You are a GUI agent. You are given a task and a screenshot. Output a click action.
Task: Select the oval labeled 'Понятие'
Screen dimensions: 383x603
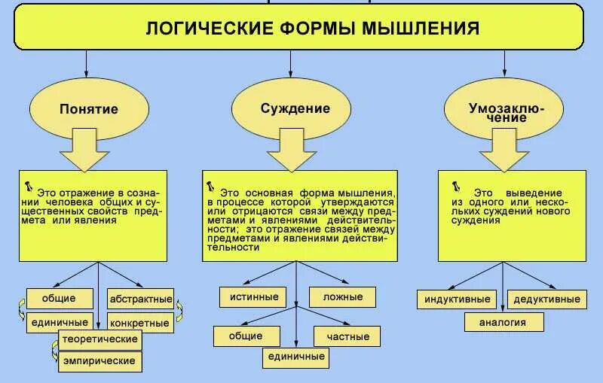pyautogui.click(x=89, y=108)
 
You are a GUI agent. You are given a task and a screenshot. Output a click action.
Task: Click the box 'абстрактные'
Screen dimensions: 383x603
pyautogui.click(x=140, y=299)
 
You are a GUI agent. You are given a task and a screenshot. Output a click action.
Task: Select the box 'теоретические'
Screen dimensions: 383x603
pyautogui.click(x=101, y=339)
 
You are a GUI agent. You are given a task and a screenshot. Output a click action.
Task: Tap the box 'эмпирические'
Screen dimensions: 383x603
pyautogui.click(x=101, y=361)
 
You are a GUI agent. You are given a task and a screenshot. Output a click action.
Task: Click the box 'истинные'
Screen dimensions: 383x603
pyautogui.click(x=254, y=296)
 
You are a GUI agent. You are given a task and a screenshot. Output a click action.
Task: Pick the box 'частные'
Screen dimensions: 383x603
pyautogui.click(x=347, y=336)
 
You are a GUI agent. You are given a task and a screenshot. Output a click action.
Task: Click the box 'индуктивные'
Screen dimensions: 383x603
pyautogui.click(x=458, y=299)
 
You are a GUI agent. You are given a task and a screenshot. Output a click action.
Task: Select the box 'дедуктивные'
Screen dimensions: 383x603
pyautogui.click(x=546, y=299)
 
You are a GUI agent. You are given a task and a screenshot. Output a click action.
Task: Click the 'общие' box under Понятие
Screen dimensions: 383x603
pyautogui.click(x=59, y=298)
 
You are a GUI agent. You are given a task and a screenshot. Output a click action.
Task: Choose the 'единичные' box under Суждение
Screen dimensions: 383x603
pyautogui.click(x=294, y=357)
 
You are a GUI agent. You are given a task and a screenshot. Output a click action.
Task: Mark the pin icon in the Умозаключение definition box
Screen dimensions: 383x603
pyautogui.click(x=457, y=185)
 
